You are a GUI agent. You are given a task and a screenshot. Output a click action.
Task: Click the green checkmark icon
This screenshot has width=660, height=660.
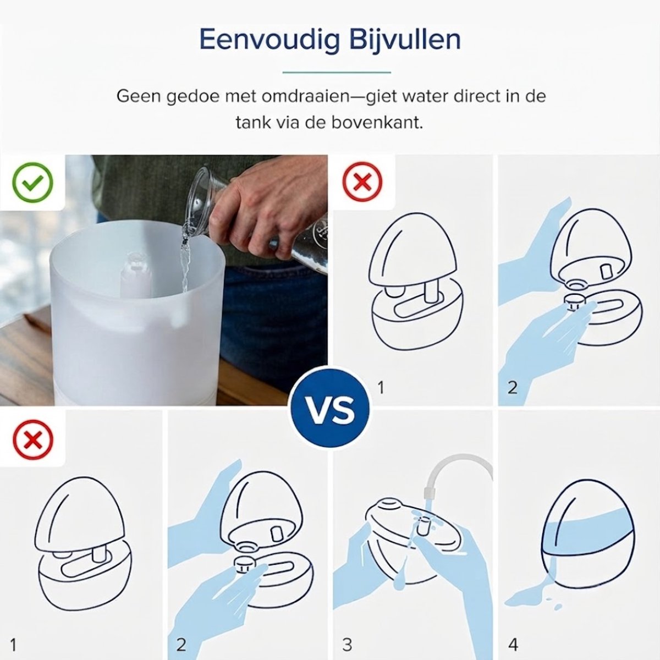click(33, 182)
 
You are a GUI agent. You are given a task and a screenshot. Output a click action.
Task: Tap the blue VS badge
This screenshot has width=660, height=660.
click(330, 410)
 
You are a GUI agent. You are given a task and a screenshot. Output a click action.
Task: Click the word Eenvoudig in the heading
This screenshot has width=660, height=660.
click(269, 41)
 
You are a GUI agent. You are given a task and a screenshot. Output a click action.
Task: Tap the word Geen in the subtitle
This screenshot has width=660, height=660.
click(139, 97)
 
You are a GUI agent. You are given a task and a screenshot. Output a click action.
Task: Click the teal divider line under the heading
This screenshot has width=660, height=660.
click(337, 72)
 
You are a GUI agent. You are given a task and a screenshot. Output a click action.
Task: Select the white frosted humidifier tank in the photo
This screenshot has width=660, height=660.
click(137, 308)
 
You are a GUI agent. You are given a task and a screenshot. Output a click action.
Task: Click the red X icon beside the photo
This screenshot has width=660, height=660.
click(362, 182)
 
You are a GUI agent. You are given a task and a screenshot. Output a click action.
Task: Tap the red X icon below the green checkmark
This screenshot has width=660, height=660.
click(33, 440)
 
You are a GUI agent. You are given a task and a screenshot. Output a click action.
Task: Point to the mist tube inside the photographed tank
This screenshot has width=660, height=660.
click(136, 274)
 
